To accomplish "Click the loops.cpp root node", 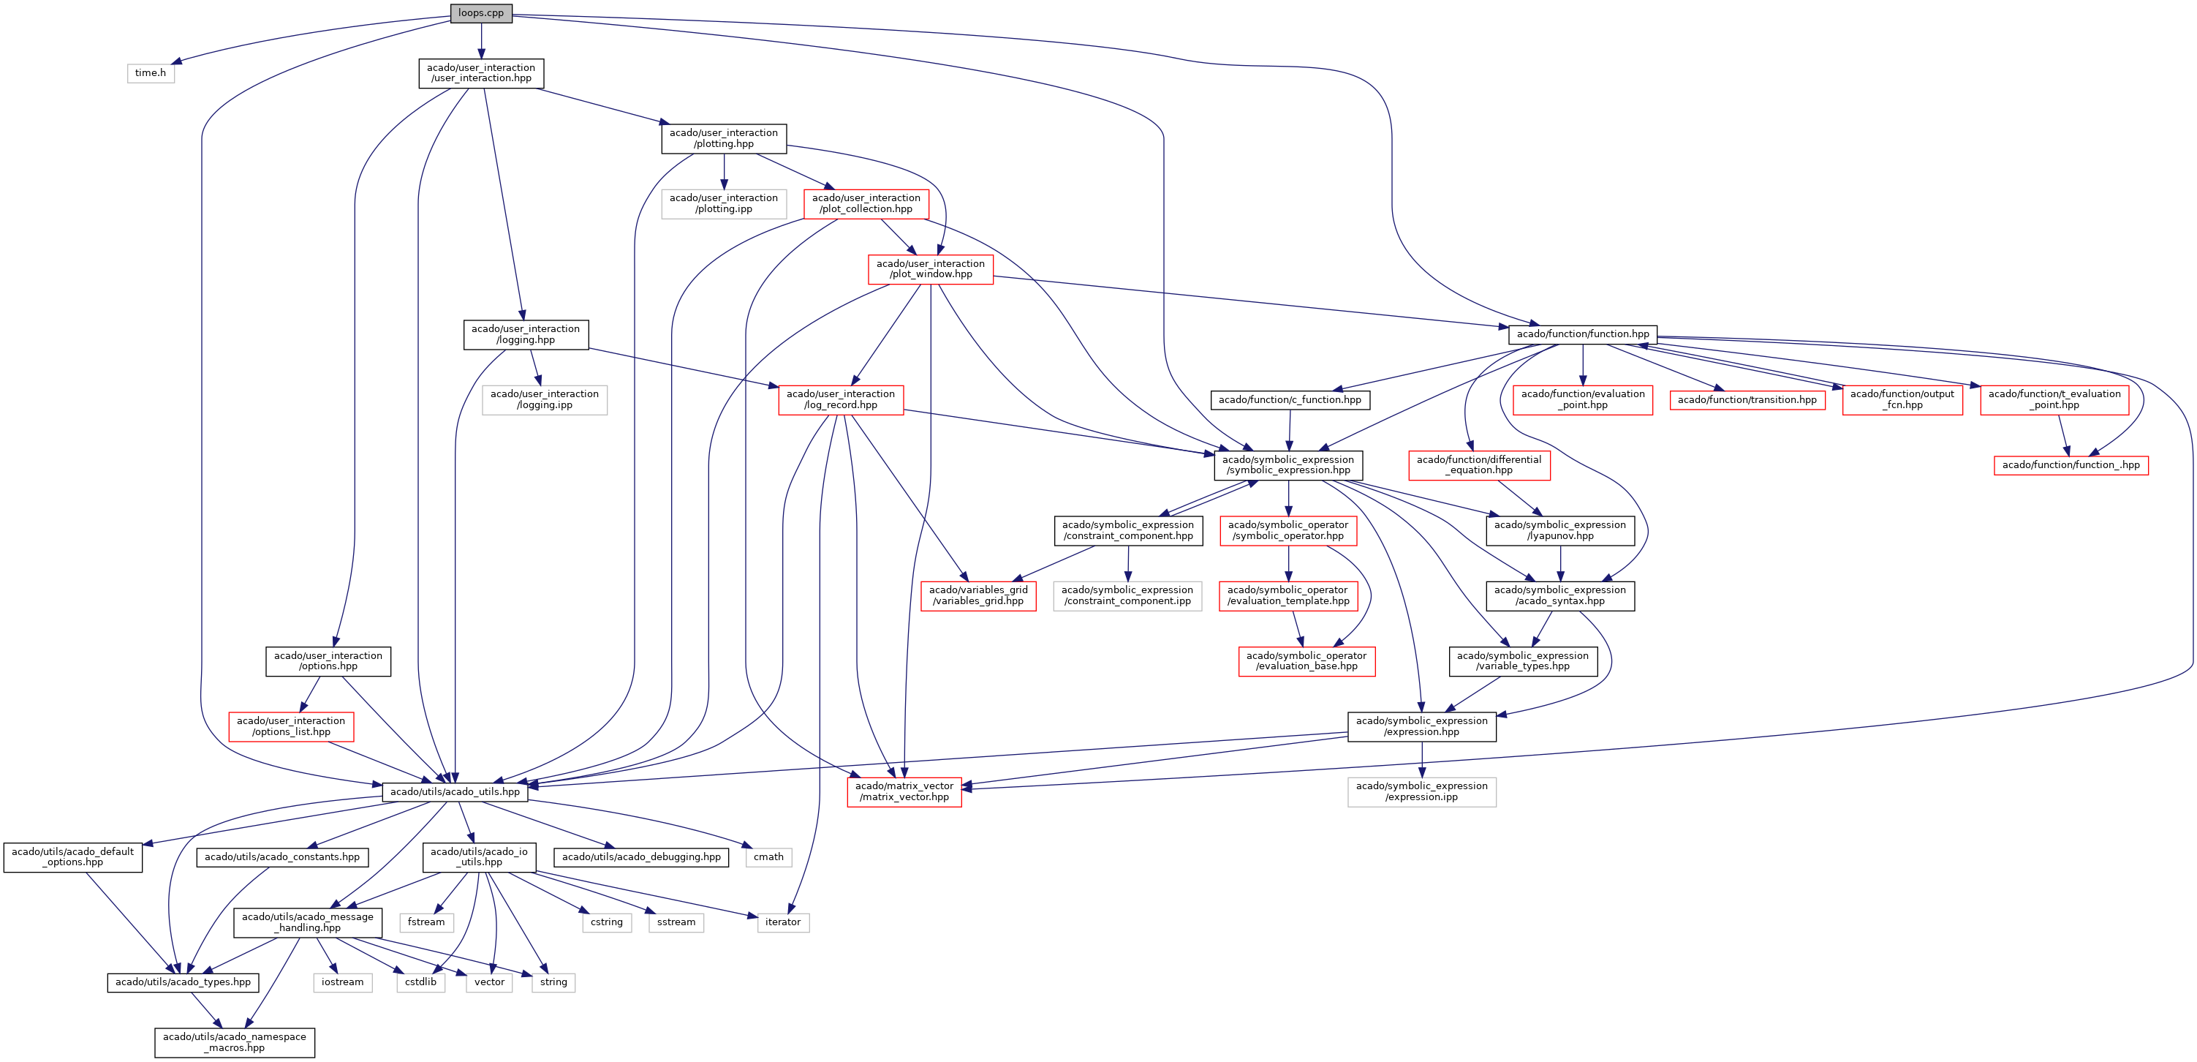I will pos(481,12).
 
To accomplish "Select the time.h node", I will pos(150,72).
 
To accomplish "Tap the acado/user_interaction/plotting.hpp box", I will pos(723,138).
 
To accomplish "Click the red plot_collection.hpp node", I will pos(866,204).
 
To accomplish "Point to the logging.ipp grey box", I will pos(544,400).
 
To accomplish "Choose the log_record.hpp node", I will pos(840,400).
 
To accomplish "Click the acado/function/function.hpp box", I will pos(1582,334).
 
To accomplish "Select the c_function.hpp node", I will pos(1290,400).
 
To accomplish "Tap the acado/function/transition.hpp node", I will pos(1747,400).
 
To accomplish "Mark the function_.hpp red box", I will pos(2070,465).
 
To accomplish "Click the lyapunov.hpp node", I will pos(1560,530).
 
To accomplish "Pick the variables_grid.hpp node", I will pos(978,595).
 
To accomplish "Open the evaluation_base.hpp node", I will pos(1306,661).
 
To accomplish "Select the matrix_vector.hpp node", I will pos(904,791).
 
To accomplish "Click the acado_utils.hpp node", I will pos(455,791).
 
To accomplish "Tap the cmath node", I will pos(768,857).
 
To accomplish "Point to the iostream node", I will pos(342,982).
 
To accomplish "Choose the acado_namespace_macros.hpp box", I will pos(235,1042).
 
